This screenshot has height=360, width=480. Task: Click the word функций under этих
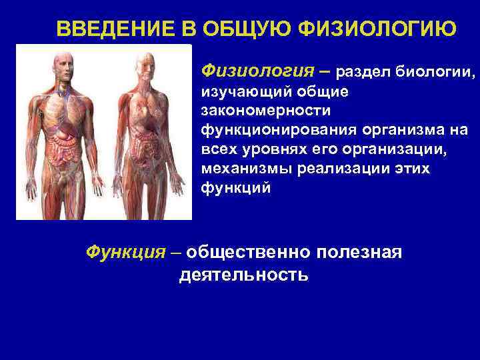pyautogui.click(x=235, y=189)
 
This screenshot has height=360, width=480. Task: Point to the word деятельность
pyautogui.click(x=243, y=275)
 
